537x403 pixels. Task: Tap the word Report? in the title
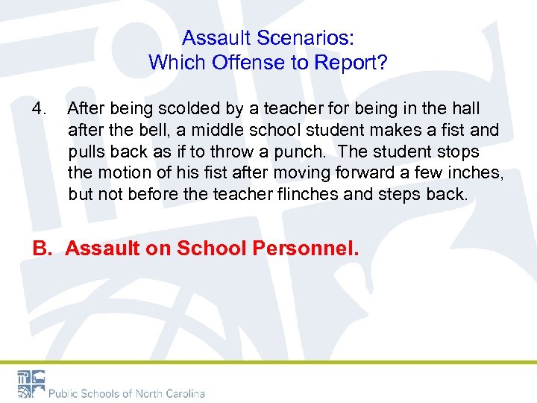[x=353, y=62]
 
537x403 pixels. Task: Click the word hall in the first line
[x=465, y=109]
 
